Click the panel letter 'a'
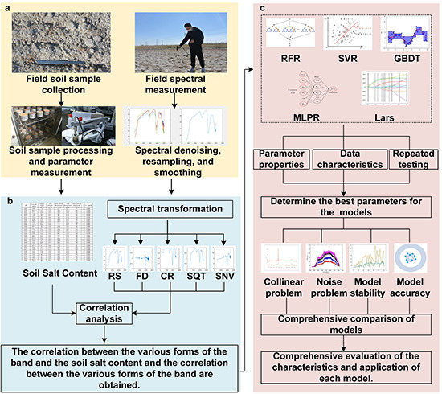(6, 6)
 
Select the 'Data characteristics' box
(348, 161)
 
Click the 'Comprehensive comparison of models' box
(348, 322)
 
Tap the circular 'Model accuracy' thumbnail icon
(410, 256)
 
